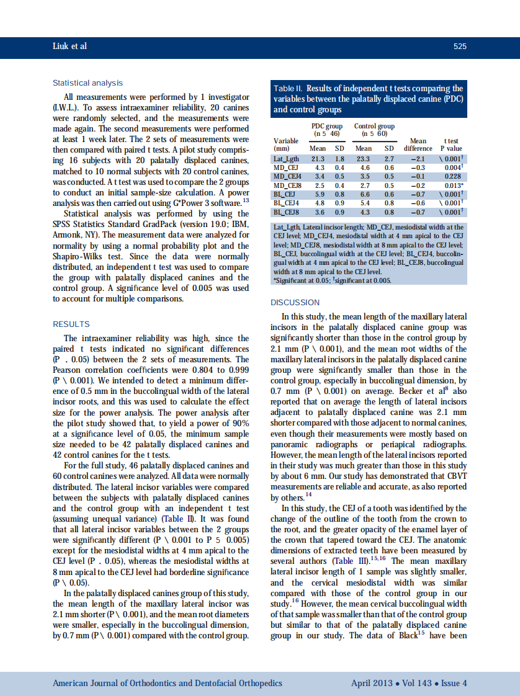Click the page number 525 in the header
click(460, 47)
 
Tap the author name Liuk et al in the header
click(70, 47)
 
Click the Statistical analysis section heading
click(87, 83)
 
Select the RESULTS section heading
click(71, 324)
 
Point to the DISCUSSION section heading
click(295, 303)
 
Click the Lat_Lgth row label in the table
click(286, 159)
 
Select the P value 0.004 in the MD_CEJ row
click(452, 167)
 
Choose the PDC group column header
click(327, 127)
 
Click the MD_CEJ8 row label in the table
click(287, 185)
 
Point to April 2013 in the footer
click(372, 684)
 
